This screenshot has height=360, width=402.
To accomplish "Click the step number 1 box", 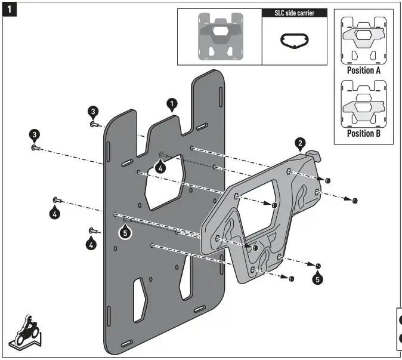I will [8, 9].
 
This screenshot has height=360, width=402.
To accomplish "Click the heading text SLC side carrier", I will [295, 13].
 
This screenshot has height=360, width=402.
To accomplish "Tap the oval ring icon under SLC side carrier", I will [294, 41].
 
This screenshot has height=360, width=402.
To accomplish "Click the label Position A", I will [364, 70].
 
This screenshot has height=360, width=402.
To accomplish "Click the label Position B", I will [364, 133].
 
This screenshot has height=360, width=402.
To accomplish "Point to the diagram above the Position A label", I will [364, 40].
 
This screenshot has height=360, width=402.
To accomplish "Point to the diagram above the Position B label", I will [364, 104].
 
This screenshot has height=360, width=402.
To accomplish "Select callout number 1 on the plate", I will [172, 105].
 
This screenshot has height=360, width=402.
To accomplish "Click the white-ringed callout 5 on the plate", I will [125, 233].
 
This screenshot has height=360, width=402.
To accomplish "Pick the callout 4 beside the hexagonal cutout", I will [159, 168].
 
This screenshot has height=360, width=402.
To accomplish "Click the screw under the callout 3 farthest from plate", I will [35, 147].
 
